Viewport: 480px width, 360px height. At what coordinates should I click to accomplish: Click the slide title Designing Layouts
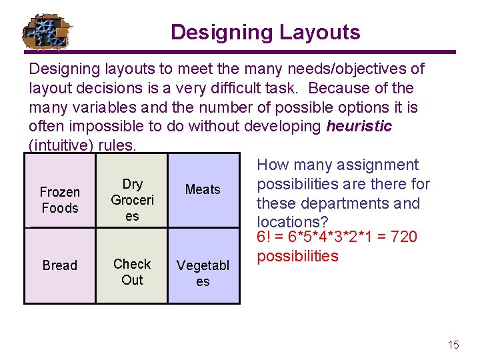pos(265,32)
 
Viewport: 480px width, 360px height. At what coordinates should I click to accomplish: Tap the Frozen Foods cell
pos(60,200)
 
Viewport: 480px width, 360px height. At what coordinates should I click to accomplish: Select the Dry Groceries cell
pos(132,200)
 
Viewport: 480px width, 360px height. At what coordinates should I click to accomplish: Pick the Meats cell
pos(203,190)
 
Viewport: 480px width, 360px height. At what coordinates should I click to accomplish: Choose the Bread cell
pos(60,265)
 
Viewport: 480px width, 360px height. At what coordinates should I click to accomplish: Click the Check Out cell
pos(132,272)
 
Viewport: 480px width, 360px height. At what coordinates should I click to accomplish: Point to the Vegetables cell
pos(203,273)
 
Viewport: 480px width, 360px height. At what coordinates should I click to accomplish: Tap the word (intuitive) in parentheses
pos(61,145)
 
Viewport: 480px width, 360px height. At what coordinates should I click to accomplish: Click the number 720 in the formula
pos(404,237)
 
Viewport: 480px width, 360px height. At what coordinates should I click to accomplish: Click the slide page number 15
pos(453,345)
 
